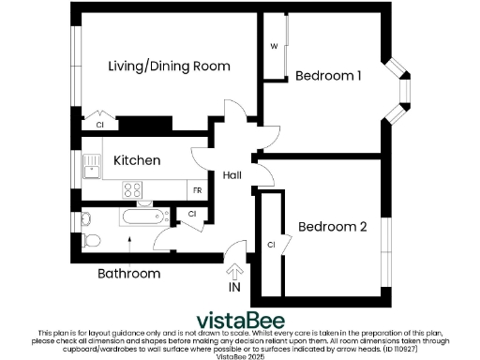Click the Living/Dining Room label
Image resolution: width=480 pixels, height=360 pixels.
169,67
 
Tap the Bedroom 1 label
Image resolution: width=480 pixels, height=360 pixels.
329,76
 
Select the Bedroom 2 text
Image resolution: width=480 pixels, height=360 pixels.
332,226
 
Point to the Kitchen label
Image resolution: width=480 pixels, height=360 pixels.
137,160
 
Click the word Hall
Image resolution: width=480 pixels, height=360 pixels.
233,175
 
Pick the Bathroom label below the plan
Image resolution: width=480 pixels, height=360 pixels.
129,274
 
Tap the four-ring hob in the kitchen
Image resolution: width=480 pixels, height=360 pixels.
133,190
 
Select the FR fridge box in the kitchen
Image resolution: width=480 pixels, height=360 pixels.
198,190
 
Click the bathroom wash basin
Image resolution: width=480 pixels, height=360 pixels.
86,219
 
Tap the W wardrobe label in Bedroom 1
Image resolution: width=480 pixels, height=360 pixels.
274,46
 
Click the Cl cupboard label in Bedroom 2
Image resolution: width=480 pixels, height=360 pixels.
270,245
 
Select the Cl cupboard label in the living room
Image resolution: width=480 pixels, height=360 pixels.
99,124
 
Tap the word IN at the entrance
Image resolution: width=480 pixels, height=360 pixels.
234,288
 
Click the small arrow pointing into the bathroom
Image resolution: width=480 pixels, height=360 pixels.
128,245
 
